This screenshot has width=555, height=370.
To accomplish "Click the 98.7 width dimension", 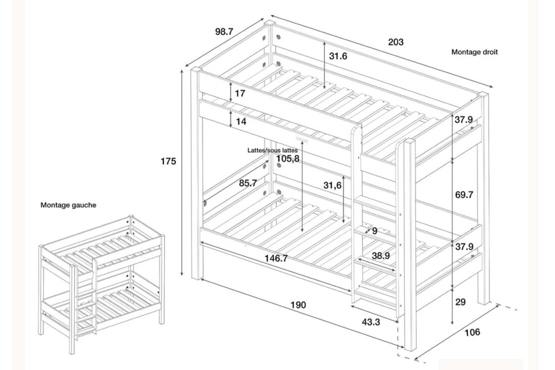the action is pos(224,32).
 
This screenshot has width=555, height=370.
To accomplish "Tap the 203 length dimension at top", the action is pos(396,42).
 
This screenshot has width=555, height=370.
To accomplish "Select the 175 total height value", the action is pos(168,161).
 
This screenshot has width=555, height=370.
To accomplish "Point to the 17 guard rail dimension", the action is pos(240,93).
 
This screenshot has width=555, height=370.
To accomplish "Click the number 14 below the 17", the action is pos(241,122).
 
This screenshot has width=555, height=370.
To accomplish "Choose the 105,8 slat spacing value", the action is pos(288,159).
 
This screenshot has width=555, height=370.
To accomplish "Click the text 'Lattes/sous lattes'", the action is pos(272,150).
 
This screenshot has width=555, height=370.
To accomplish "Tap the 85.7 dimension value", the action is pos(248,183).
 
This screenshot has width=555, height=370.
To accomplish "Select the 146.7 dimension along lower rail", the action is pos(276,259).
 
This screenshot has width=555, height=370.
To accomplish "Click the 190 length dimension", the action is pos(298,305).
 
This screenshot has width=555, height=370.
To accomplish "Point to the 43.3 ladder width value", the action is pos(371,322).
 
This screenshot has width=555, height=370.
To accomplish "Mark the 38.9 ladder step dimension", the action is pos(381,256).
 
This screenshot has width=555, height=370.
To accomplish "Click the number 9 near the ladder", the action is pos(375,231).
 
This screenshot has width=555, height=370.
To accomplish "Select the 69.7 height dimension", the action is pos(464,195).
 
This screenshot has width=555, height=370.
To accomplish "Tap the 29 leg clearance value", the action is pos(460,302).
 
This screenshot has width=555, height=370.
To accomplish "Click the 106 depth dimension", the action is pos(472,333).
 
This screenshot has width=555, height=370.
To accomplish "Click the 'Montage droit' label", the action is pos(475,52).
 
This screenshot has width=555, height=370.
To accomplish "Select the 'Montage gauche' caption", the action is pos(68,205).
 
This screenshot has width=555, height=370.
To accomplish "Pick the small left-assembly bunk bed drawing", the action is pos(101,284).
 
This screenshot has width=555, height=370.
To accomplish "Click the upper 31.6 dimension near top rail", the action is pos(338,56).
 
